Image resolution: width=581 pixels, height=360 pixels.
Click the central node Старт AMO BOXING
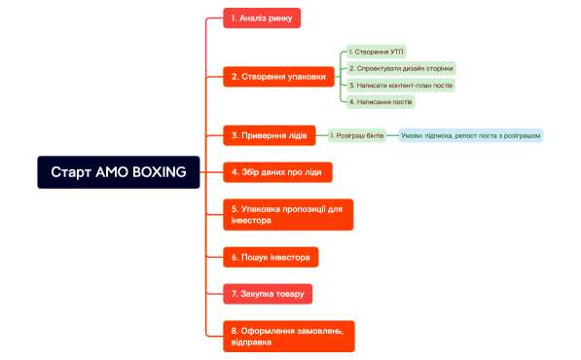[118, 172]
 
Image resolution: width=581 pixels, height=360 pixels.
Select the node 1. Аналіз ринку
[262, 17]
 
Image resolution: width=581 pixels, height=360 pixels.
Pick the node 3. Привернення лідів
[270, 135]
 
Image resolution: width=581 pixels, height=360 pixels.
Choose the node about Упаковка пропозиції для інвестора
[288, 214]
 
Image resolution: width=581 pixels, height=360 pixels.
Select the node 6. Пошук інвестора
[271, 258]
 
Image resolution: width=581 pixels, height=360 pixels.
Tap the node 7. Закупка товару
[268, 293]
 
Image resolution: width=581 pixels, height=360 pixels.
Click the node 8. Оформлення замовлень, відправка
[288, 336]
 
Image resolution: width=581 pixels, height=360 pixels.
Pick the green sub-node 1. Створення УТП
[376, 51]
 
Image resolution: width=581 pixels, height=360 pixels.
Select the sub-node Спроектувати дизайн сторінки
[400, 68]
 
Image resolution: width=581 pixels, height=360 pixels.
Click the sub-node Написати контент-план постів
[400, 85]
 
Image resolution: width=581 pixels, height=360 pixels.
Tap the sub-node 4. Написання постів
[381, 101]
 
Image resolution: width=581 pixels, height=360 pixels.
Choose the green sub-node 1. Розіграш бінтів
[358, 135]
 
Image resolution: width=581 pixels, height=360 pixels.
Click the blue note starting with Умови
[470, 135]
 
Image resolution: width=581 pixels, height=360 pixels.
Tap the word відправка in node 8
[251, 342]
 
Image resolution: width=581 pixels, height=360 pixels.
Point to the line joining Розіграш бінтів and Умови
[393, 135]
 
